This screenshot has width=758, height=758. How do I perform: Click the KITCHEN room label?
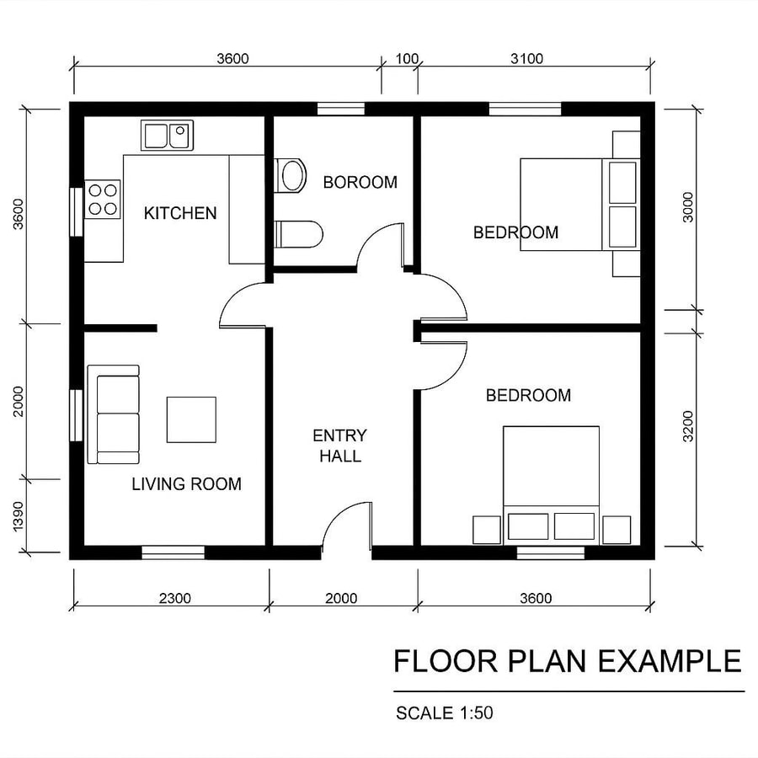click(180, 213)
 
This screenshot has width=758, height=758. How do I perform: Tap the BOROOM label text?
click(360, 182)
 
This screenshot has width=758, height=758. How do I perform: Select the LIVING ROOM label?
click(186, 484)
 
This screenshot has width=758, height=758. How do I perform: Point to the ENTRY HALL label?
click(339, 446)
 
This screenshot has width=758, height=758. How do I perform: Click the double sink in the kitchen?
click(166, 135)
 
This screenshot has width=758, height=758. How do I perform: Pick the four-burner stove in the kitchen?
click(103, 200)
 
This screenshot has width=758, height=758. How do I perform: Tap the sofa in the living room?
click(114, 414)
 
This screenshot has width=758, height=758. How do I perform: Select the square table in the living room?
click(191, 419)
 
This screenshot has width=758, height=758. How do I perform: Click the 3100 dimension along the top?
click(526, 59)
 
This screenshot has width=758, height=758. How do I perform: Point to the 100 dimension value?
click(407, 59)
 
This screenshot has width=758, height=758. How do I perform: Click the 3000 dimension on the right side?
click(688, 207)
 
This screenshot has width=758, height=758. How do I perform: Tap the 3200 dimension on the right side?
click(689, 426)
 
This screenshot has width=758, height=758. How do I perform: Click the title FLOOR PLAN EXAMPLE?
click(567, 661)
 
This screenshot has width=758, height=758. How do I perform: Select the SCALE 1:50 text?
click(444, 713)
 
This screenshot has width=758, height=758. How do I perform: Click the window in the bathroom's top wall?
click(341, 109)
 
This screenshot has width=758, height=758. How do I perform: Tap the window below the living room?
click(173, 552)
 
